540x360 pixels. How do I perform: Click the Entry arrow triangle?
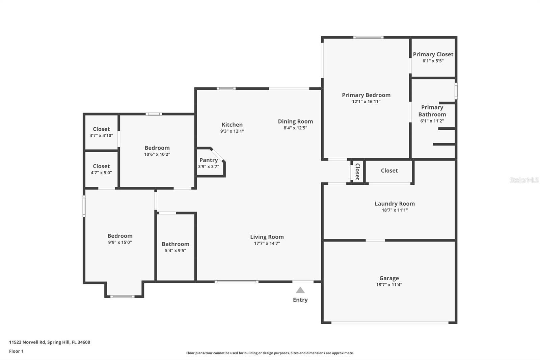[300, 290]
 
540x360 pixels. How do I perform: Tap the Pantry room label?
[209, 160]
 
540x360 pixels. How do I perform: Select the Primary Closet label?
[433, 54]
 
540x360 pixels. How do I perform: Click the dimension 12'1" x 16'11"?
[366, 102]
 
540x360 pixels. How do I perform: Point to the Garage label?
[389, 278]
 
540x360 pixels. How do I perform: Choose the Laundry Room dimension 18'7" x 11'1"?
[395, 210]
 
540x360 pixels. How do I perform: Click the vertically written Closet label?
[357, 172]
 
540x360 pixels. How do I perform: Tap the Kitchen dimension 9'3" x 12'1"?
[232, 131]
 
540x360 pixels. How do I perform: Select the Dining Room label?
[295, 122]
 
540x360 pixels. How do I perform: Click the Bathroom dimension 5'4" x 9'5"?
[175, 251]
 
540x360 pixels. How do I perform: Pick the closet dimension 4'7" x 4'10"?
[101, 136]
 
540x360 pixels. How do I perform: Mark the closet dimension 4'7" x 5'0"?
[101, 173]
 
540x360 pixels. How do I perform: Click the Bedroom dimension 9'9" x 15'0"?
[120, 242]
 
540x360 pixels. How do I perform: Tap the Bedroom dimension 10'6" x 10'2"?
[157, 154]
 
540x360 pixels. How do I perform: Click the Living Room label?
[267, 237]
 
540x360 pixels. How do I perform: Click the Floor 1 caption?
[16, 351]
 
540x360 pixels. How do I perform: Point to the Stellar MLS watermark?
[524, 180]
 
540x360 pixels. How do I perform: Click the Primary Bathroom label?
[432, 111]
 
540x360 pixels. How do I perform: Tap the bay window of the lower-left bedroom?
[123, 297]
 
